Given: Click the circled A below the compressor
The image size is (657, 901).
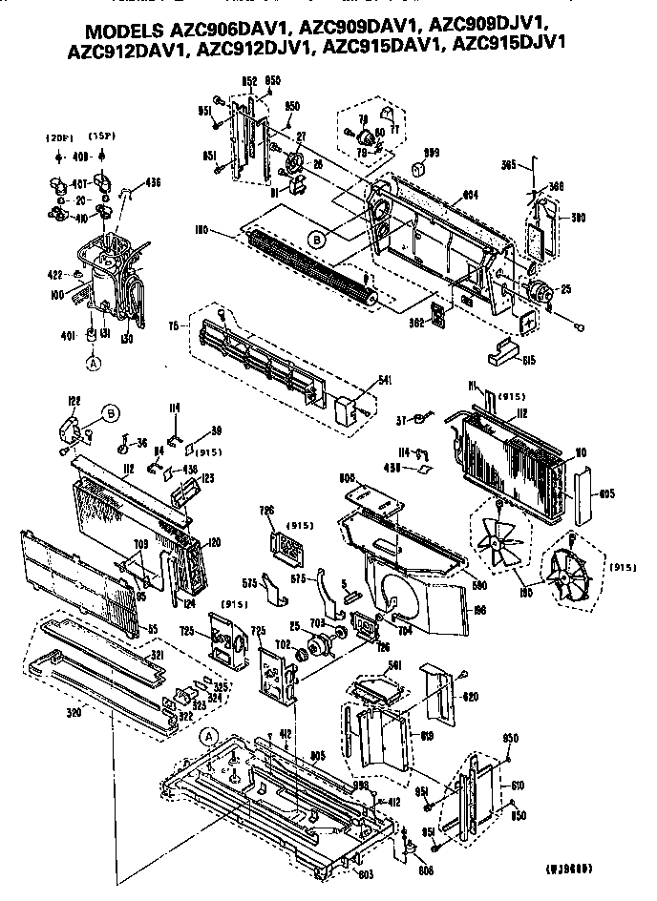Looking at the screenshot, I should point(94,362).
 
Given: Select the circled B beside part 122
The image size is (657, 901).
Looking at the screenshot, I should point(112,413).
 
